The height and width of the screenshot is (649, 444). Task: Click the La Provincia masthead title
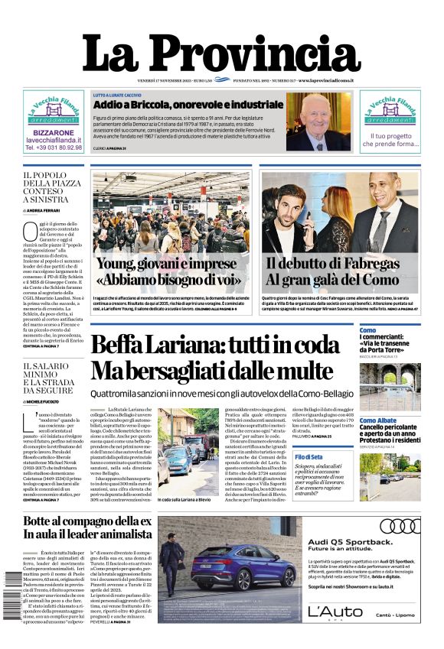click(x=221, y=56)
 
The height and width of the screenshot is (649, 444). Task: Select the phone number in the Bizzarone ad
click(x=54, y=148)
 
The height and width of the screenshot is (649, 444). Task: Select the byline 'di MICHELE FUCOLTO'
click(x=46, y=401)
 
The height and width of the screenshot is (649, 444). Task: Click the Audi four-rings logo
click(x=399, y=526)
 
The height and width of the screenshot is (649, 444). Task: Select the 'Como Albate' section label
click(x=378, y=421)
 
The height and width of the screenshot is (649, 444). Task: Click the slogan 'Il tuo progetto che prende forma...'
click(x=390, y=140)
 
